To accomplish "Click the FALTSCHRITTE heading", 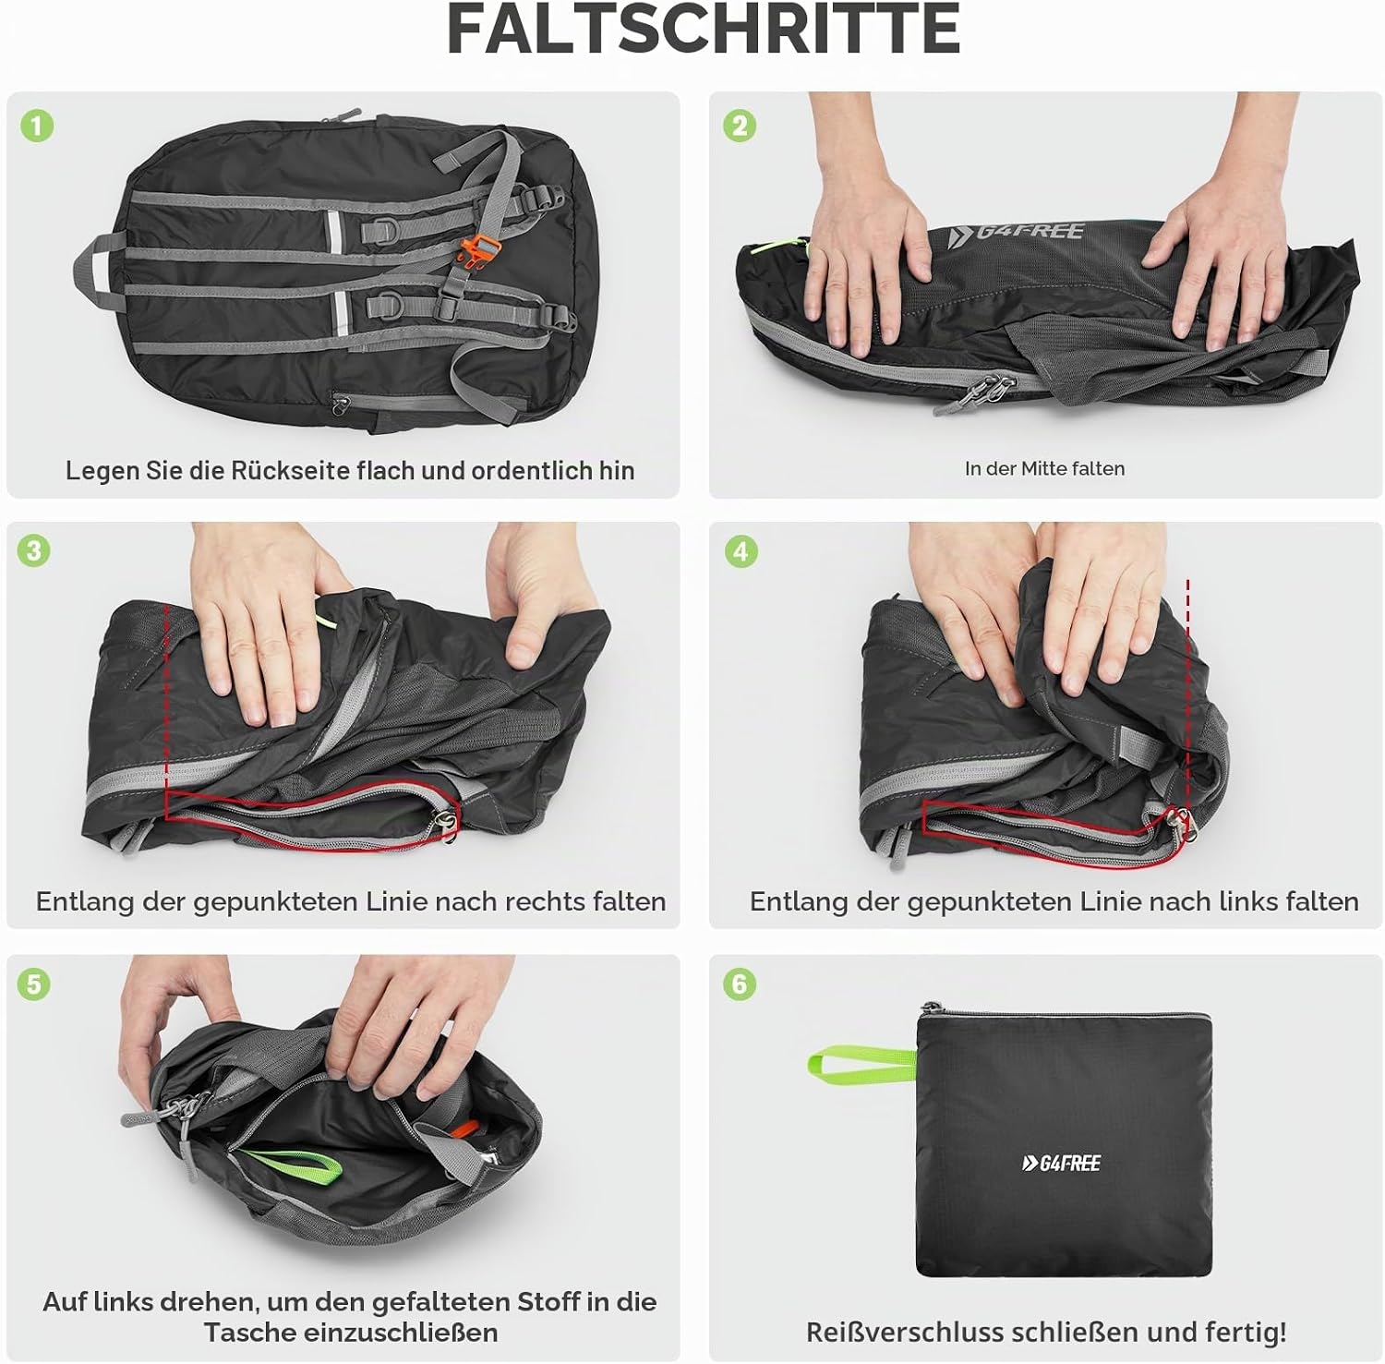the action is tap(703, 29).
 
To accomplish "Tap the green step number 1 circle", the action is tap(37, 126).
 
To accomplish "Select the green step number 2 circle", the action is tap(740, 126).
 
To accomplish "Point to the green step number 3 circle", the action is tap(34, 551).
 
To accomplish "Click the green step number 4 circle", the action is tap(740, 551).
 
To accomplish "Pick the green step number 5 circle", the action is tap(34, 984).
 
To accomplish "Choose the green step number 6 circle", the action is tap(740, 984).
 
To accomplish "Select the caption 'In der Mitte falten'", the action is tap(1044, 469).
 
